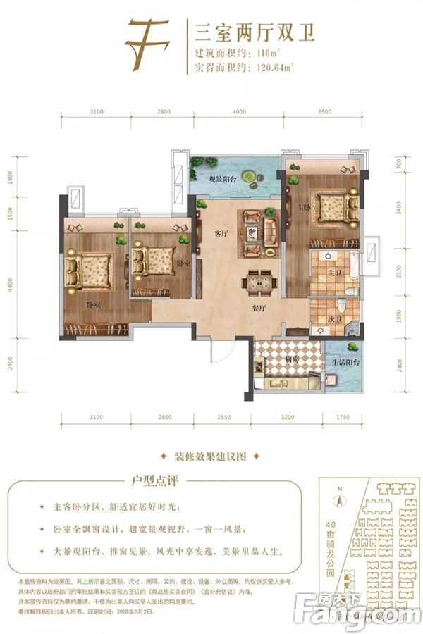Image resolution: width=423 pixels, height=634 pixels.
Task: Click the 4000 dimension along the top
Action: [240, 112]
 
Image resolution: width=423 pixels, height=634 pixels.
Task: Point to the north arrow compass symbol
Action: [339, 499]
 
